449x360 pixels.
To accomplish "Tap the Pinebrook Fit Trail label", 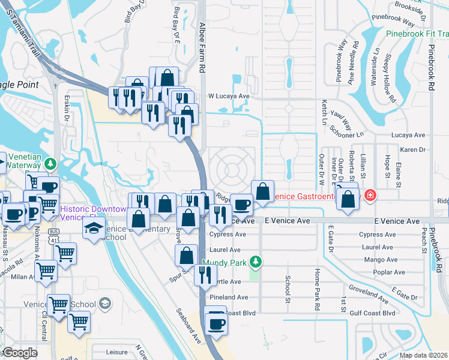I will click(417, 35).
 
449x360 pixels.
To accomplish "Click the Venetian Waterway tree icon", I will click(52, 163).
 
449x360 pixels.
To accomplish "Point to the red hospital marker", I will click(371, 195).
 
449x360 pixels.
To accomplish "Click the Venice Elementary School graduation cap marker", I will click(94, 229).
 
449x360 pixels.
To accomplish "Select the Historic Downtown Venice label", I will click(93, 213).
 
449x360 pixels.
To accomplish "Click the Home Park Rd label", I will click(316, 289).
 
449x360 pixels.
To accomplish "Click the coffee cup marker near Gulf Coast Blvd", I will click(216, 325).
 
